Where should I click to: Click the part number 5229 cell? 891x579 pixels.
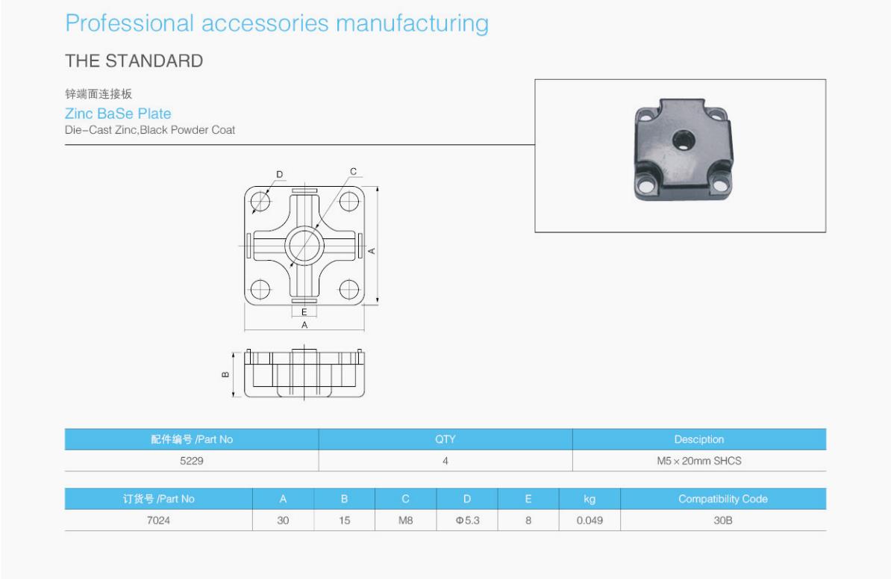[192, 461]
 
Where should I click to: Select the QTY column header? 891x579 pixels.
[445, 439]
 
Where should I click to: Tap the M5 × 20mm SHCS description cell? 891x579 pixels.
[699, 461]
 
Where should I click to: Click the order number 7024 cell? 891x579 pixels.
[158, 520]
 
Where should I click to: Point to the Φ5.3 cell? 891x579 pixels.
[467, 520]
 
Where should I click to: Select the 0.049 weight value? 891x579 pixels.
[589, 520]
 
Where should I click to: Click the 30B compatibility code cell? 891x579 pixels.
[722, 520]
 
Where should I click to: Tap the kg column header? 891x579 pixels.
[589, 499]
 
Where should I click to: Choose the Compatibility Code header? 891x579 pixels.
[722, 499]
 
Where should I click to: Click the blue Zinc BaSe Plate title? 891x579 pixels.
[118, 114]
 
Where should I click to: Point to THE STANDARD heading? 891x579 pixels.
[134, 61]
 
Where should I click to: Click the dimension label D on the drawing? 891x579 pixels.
[280, 175]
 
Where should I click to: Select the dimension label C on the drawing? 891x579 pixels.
[354, 172]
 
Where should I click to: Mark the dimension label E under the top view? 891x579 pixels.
[304, 312]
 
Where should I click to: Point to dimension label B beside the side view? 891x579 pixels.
[226, 374]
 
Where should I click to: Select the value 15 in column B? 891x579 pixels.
[345, 520]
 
